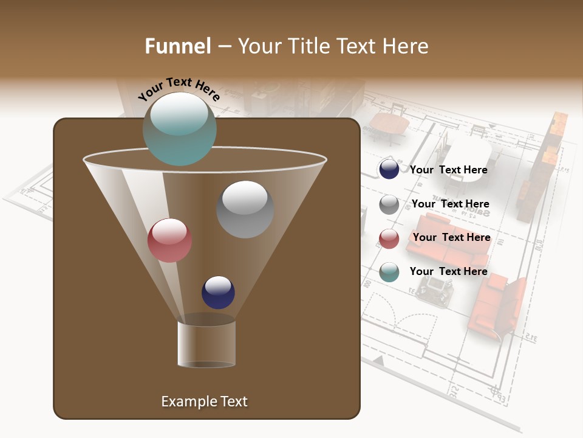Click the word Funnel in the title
click(x=177, y=46)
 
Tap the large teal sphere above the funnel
click(x=180, y=128)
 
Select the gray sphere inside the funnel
click(x=245, y=209)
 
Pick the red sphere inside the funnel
click(x=169, y=240)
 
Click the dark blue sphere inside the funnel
click(x=218, y=292)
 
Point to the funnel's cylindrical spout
click(x=206, y=342)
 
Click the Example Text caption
click(x=204, y=401)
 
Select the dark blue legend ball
click(x=389, y=169)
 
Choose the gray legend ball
click(x=389, y=204)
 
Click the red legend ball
click(x=389, y=238)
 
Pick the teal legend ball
click(x=389, y=272)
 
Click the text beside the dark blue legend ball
click(x=448, y=170)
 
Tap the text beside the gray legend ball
click(x=450, y=204)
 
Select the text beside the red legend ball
click(x=451, y=237)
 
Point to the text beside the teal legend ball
click(x=448, y=271)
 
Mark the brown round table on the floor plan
click(x=389, y=125)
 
